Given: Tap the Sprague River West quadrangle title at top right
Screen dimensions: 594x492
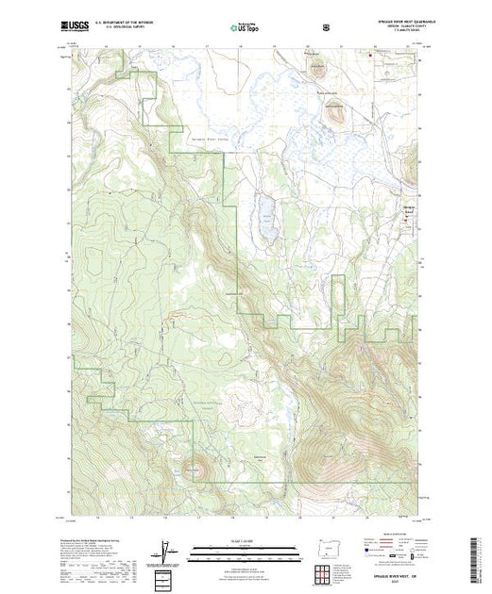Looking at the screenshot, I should (x=385, y=24).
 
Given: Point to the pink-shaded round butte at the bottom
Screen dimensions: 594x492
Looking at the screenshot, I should (x=194, y=465).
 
